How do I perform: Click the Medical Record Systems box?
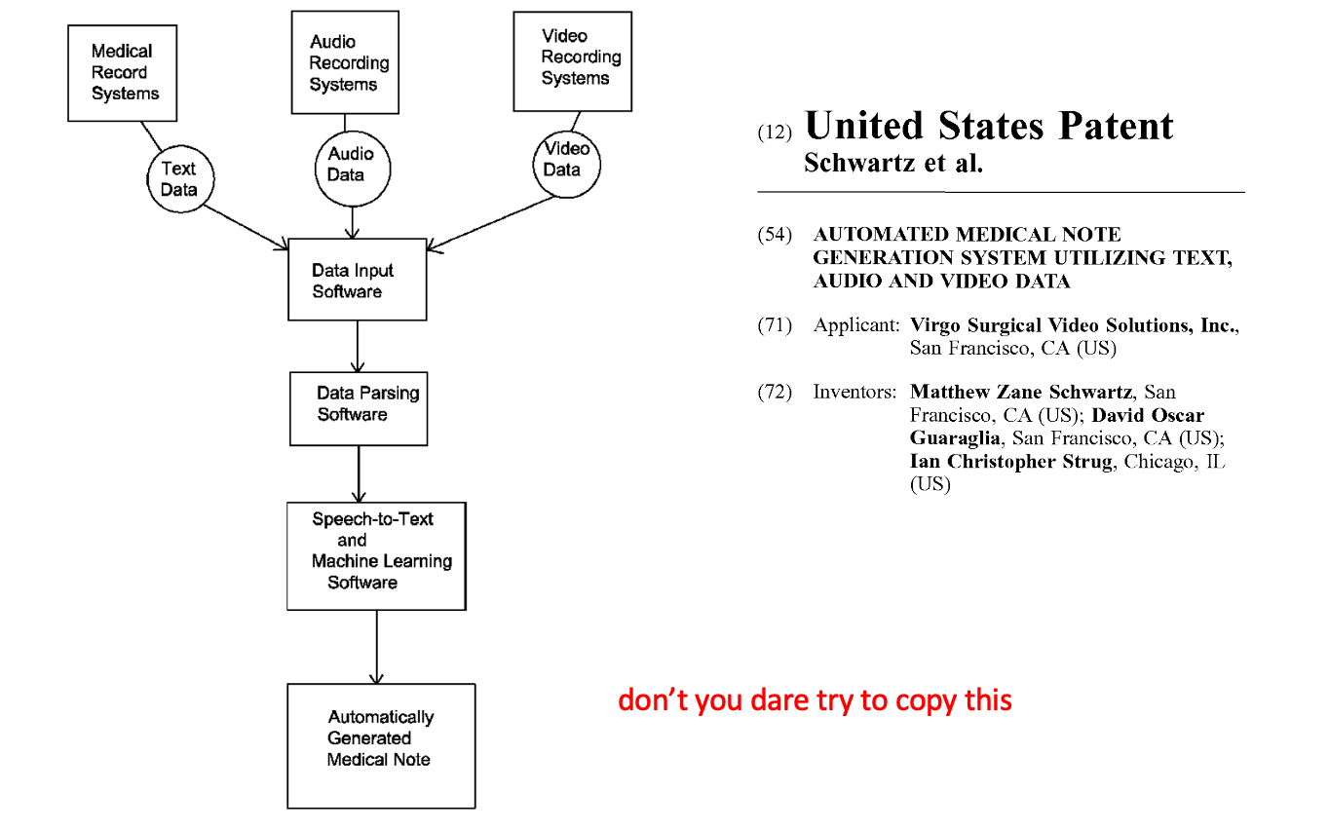point(122,73)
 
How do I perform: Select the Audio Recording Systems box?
point(345,62)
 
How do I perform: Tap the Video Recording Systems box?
point(573,61)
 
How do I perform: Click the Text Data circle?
point(180,178)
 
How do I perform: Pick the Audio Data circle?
point(353,170)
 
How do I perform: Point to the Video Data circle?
point(567,164)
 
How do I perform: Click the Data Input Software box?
point(358,280)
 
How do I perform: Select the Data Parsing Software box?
point(359,409)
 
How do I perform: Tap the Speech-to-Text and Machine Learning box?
point(377,556)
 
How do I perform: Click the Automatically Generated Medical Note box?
point(382,746)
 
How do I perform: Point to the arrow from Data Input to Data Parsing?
point(358,347)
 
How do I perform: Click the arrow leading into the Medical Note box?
point(377,648)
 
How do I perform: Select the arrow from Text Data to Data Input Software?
point(247,228)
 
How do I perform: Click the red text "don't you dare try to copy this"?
point(815,700)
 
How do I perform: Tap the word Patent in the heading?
point(1116,127)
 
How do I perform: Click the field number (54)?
point(775,235)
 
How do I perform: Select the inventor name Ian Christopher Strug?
point(1011,461)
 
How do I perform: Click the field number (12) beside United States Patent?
point(775,132)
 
